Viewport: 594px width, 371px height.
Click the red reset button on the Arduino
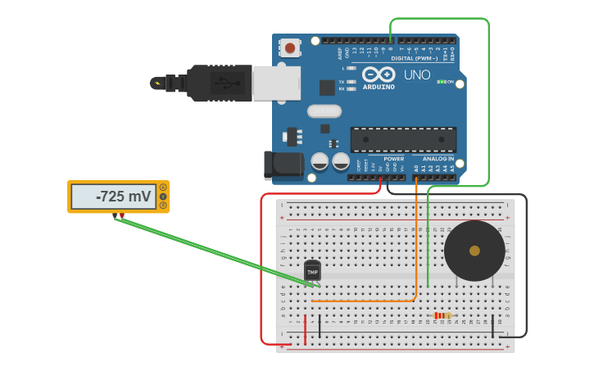tap(290, 48)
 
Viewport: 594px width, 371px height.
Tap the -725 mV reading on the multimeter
tap(123, 197)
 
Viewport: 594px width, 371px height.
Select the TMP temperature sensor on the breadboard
tap(312, 270)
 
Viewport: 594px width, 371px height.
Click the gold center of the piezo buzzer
tap(474, 251)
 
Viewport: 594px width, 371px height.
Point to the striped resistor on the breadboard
tap(442, 315)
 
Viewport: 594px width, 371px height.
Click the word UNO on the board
tap(416, 75)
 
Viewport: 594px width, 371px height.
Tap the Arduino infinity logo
tap(379, 74)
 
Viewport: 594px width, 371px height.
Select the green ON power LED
tap(442, 81)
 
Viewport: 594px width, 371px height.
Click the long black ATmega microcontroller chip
tap(403, 139)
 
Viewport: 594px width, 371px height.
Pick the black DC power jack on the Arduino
tap(283, 165)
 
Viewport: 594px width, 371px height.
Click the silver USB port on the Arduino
tap(276, 84)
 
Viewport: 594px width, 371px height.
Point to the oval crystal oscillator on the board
tap(324, 111)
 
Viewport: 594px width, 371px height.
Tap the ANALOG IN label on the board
tap(438, 159)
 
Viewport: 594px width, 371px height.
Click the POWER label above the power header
tap(393, 159)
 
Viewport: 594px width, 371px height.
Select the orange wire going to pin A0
tap(416, 238)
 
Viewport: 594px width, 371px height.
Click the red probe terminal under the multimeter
tap(122, 216)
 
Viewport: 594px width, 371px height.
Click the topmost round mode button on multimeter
tap(163, 188)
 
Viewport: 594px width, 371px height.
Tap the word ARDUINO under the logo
tap(379, 87)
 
